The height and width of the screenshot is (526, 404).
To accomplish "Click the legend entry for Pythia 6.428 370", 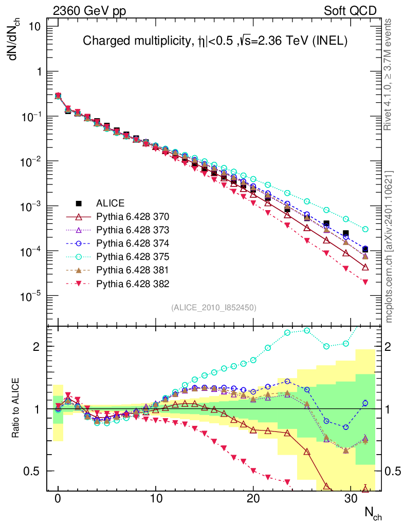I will (125, 216).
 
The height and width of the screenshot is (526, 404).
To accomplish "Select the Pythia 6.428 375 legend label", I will (125, 256).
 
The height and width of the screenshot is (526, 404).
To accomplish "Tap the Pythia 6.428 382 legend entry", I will (125, 283).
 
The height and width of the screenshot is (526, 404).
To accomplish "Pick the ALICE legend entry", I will (110, 202).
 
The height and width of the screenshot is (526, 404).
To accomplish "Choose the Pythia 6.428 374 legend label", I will (125, 242).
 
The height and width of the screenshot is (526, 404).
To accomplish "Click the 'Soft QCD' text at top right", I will (350, 11).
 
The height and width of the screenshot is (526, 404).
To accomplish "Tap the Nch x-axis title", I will (373, 512).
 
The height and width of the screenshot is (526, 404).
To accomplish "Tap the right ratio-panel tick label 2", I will (391, 347).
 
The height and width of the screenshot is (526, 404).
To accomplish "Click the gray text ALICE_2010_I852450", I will (213, 307).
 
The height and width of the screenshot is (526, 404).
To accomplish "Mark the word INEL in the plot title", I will (329, 41).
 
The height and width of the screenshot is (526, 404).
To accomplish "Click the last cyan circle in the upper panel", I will (365, 229).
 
